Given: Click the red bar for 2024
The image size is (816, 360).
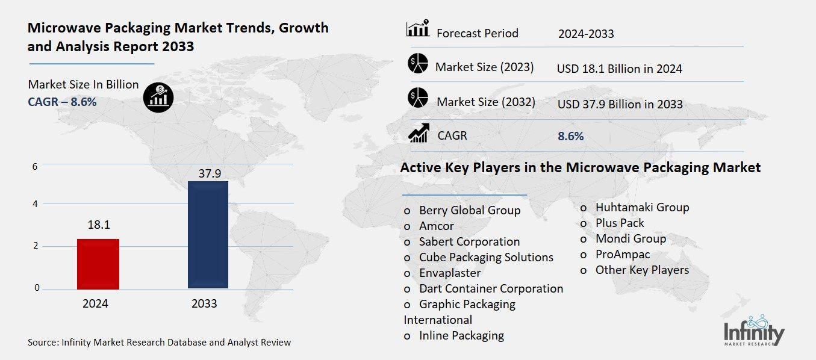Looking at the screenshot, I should point(98,264).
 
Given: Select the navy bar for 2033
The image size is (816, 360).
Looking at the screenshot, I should point(208,235).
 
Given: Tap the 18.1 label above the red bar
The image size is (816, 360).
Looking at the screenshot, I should point(98,225).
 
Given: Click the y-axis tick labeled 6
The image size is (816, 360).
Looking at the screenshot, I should point(35,166).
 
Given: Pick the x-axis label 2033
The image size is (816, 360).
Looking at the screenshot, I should point(204,304).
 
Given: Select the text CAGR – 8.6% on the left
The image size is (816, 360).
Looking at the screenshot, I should point(62,102).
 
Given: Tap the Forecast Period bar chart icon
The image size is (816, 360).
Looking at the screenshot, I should point(418,29).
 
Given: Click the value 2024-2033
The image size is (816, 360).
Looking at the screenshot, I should point(585,34).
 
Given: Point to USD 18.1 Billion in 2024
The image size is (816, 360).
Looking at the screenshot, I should point(620,69).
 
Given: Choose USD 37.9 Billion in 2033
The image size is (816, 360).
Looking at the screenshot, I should point(620,104).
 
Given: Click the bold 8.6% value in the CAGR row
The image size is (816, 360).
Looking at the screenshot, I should point(570,136).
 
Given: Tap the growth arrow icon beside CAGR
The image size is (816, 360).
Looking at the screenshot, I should point(418,133).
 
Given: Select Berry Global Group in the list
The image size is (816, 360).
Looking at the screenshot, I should point(469,211).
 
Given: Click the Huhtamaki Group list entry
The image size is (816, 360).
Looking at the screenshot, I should point(642,207).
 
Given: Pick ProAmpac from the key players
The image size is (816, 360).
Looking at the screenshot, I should point(622,254).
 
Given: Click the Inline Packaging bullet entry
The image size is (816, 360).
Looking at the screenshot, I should point(461,335).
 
